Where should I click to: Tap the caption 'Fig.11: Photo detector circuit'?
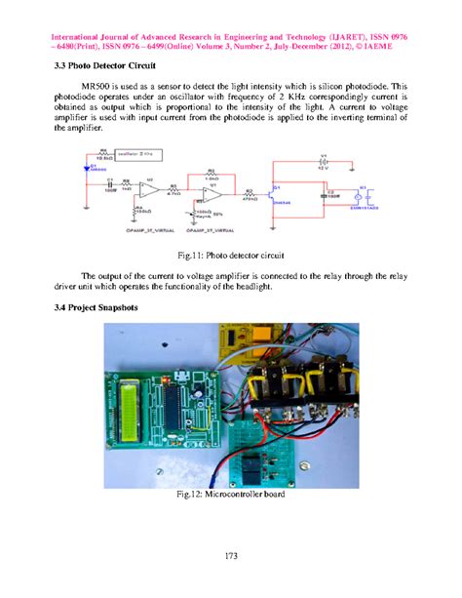point(230,255)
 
